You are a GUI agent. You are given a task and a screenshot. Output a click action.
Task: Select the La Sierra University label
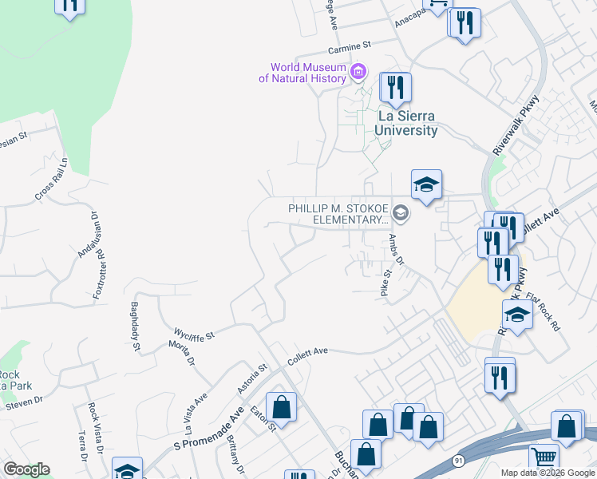[x=407, y=124]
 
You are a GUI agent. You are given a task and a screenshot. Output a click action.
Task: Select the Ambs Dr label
[x=397, y=250]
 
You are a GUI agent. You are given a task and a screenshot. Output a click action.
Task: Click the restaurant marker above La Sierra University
[x=395, y=87]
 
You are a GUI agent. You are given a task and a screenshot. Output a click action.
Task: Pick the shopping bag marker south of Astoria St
[x=281, y=407]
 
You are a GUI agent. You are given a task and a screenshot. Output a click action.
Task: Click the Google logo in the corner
[x=26, y=469]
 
